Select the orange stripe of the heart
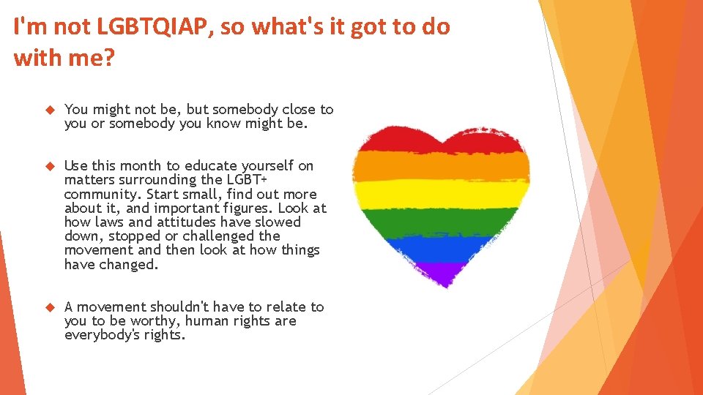440,166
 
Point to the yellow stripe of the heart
440,194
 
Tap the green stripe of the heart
440,222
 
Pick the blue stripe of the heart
440,249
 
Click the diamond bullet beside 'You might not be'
50,110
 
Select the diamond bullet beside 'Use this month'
50,166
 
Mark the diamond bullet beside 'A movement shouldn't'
50,307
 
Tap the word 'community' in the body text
102,194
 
